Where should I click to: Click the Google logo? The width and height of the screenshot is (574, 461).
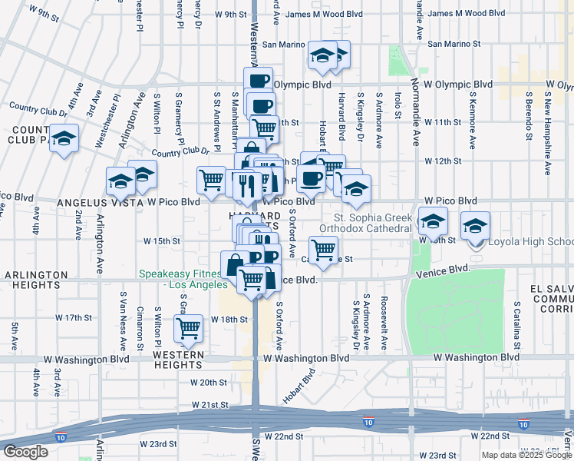tap(25, 452)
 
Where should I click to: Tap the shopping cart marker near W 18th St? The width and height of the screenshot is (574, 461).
tap(188, 329)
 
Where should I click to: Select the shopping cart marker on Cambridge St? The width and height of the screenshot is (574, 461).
tap(325, 249)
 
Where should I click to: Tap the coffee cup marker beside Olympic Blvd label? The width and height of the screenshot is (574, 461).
tap(259, 81)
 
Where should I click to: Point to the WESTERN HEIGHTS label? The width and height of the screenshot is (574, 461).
tap(178, 355)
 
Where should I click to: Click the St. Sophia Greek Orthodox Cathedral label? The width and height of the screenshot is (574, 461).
tap(361, 223)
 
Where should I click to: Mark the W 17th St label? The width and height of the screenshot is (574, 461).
tap(74, 317)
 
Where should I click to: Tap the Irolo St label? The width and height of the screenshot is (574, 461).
tap(398, 106)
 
